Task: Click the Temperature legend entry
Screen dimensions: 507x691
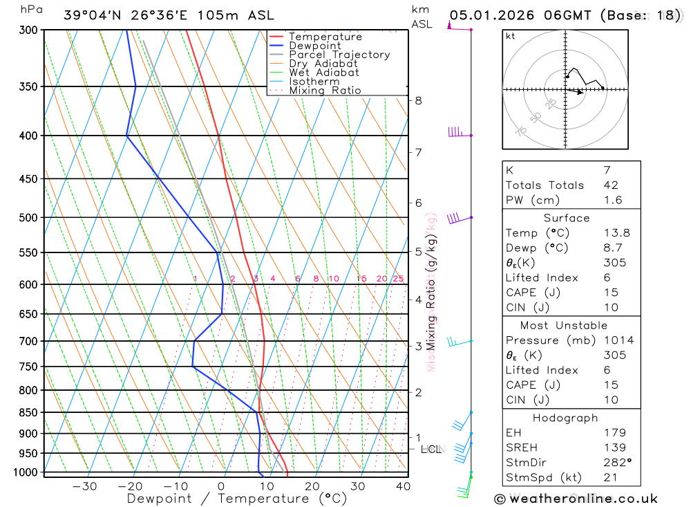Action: [x=325, y=37]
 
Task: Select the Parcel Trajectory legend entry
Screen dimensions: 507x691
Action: [x=339, y=55]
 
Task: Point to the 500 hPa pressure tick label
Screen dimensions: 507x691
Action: [x=28, y=218]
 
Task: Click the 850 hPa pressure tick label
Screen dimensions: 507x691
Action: [x=28, y=413]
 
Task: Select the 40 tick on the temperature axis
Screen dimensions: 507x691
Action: [x=403, y=486]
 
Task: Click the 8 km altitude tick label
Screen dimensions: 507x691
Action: [x=418, y=100]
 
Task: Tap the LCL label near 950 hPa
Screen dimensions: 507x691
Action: [x=430, y=450]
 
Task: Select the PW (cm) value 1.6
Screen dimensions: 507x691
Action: [x=612, y=201]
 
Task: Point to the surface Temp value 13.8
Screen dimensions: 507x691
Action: [x=616, y=233]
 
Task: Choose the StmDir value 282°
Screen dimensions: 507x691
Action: [x=616, y=463]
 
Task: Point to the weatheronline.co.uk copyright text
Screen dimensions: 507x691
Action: [x=576, y=499]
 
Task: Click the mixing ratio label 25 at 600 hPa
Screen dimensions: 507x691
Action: [x=398, y=279]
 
